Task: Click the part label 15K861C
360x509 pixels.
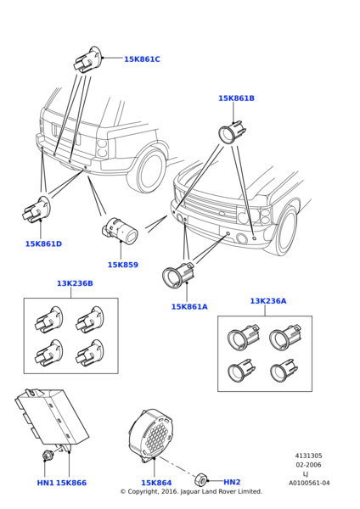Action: pos(142,59)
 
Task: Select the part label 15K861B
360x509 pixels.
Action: pos(236,98)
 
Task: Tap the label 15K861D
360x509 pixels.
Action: pos(43,243)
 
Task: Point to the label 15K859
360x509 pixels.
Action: pos(123,265)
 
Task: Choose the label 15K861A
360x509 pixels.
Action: pos(189,306)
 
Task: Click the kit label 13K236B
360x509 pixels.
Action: pos(75,283)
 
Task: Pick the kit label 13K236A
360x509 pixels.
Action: pos(268,301)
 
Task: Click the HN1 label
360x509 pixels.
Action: pos(45,483)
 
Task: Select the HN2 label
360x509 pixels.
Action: pos(232,482)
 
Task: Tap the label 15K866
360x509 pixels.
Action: pos(71,483)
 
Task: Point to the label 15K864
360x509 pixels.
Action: pos(156,483)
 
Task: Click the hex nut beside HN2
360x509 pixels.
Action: pos(200,480)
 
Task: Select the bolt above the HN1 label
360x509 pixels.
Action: pos(47,455)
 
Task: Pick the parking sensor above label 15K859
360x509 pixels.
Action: pos(120,230)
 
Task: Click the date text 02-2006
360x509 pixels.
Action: pos(308,465)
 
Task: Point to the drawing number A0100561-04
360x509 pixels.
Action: pos(309,483)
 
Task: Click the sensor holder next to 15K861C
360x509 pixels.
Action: pos(87,59)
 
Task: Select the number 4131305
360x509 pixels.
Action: pos(309,456)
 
